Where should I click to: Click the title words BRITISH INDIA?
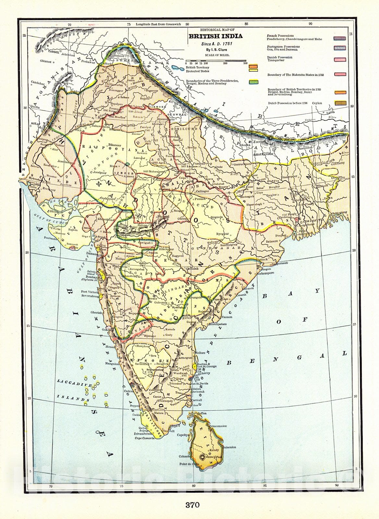coord(215,36)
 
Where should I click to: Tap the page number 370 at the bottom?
coord(192,505)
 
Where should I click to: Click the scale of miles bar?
coord(216,61)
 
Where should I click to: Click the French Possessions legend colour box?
coord(339,38)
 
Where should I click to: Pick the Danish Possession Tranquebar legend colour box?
coord(339,60)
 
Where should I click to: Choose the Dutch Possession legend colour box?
coord(339,103)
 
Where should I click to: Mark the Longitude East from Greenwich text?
coord(156,24)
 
